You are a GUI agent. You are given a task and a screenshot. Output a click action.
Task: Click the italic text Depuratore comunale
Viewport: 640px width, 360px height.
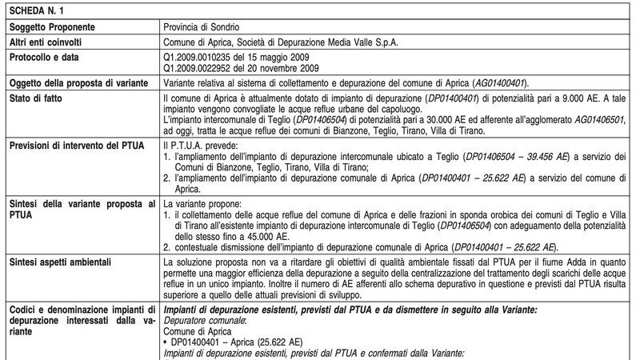pyautogui.click(x=202, y=319)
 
